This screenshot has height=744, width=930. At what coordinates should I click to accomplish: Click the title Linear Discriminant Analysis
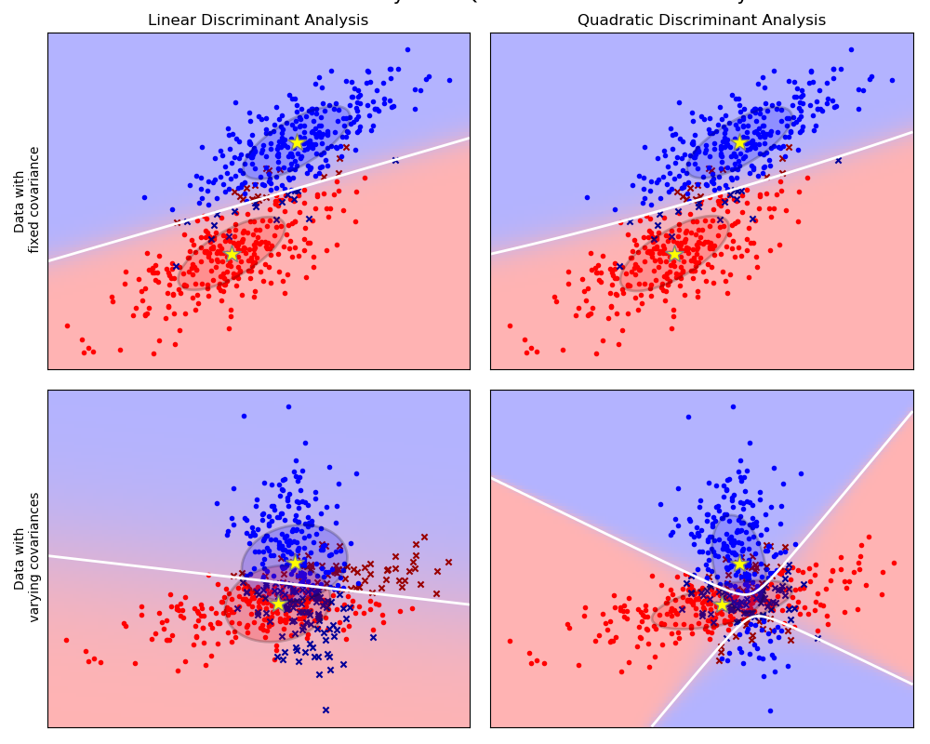[x=258, y=20]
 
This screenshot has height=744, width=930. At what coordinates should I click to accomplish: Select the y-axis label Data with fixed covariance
[x=27, y=200]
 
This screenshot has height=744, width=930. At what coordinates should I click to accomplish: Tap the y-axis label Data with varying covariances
[x=27, y=557]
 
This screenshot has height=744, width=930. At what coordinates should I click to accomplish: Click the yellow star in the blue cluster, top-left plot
[x=297, y=143]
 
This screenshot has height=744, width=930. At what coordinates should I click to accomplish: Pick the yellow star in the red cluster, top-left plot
[x=232, y=254]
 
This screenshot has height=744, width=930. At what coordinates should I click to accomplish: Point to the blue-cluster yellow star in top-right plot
[x=739, y=143]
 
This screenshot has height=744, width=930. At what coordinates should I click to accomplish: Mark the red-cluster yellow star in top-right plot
[x=674, y=254]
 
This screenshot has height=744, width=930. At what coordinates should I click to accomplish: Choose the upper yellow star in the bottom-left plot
[x=295, y=563]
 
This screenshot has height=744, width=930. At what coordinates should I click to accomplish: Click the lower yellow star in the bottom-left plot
[x=278, y=604]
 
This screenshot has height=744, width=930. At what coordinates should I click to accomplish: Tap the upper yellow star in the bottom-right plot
[x=739, y=563]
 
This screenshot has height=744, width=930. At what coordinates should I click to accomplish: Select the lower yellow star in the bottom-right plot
[x=722, y=604]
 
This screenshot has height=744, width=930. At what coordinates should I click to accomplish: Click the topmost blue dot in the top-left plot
[x=407, y=49]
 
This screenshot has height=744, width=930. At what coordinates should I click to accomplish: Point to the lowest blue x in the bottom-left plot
[x=325, y=710]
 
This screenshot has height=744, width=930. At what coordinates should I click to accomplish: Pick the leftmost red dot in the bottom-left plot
[x=66, y=640]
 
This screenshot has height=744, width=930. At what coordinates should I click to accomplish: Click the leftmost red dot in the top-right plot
[x=510, y=325]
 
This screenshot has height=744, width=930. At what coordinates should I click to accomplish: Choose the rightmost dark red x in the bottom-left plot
[x=448, y=562]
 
